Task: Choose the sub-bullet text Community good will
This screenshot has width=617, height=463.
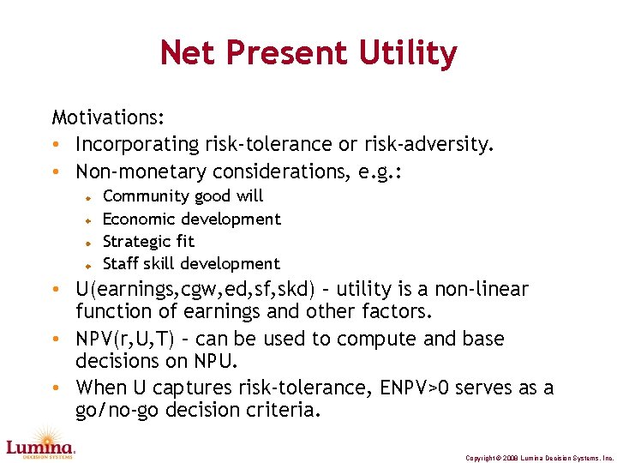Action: point(183,196)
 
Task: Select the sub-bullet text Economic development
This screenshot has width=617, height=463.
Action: point(191,219)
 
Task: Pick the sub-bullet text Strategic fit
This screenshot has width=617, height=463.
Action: point(148,241)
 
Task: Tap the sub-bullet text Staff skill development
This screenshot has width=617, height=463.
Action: point(191,263)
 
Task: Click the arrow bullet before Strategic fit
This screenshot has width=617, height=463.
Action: point(87,243)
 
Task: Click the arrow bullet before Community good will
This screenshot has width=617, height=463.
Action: point(87,197)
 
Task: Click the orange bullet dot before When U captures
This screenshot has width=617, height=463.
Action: point(56,388)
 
